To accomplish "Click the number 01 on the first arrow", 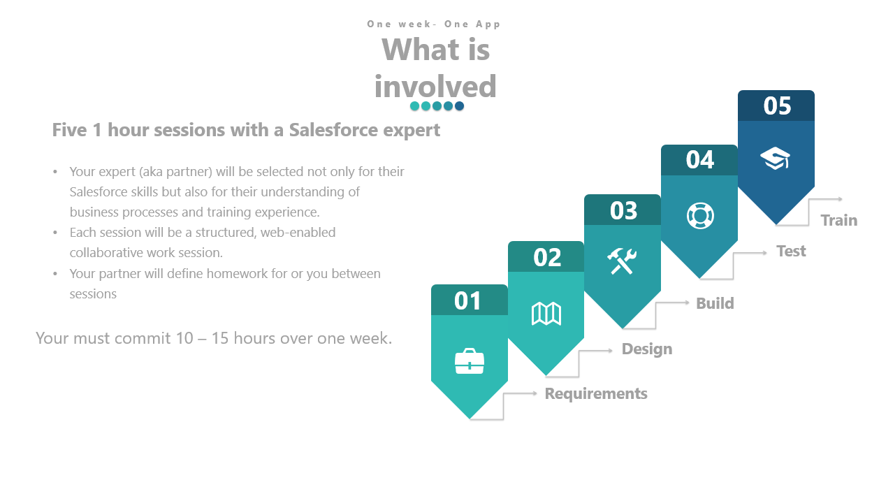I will [x=468, y=300].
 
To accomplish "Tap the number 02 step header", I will [x=546, y=257].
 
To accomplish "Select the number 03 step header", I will [x=623, y=210].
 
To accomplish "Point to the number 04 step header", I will [x=699, y=160].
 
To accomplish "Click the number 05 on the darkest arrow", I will [x=777, y=106].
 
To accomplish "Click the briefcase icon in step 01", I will [x=469, y=361].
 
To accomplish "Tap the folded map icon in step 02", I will [x=546, y=314].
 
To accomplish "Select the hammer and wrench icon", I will [x=622, y=261].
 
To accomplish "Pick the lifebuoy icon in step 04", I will [x=699, y=215].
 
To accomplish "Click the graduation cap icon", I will [x=775, y=159].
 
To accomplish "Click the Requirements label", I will [x=596, y=393].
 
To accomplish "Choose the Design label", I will [x=647, y=349].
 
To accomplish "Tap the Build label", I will [x=715, y=303].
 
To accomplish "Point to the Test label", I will [x=791, y=251].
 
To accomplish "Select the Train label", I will [x=838, y=220].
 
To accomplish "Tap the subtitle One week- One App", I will [x=434, y=24].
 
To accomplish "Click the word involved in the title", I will [x=435, y=87].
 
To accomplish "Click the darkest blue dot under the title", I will [x=459, y=106].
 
